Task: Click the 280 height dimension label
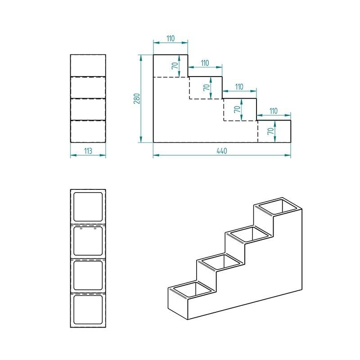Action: tap(137, 99)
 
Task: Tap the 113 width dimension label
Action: tap(88, 151)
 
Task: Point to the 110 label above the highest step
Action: tap(171, 38)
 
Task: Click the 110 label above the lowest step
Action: tap(274, 111)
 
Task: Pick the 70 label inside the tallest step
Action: tap(175, 66)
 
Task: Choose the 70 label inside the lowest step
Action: tap(271, 131)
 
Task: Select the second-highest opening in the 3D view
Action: tap(250, 234)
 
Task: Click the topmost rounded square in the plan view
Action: tap(88, 207)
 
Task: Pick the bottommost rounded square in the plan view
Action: tap(88, 310)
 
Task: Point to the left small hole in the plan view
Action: tap(81, 229)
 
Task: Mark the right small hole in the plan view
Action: tap(95, 229)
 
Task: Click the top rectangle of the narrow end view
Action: tap(88, 65)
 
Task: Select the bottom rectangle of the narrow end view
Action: tap(88, 131)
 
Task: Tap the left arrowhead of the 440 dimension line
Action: tap(156, 155)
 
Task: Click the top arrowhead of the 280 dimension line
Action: tap(141, 58)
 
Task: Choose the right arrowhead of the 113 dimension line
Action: tap(103, 155)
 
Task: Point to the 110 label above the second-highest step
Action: tap(205, 63)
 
